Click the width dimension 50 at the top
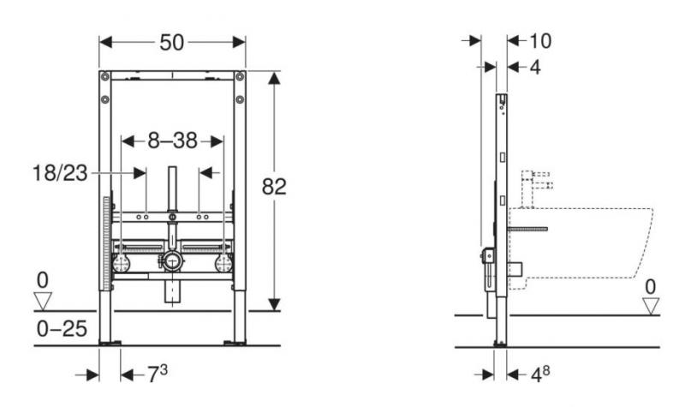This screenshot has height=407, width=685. pyautogui.click(x=172, y=41)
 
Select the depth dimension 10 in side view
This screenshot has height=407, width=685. pyautogui.click(x=539, y=39)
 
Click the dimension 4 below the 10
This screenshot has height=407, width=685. pyautogui.click(x=535, y=66)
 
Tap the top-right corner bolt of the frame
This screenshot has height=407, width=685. pyautogui.click(x=240, y=78)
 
